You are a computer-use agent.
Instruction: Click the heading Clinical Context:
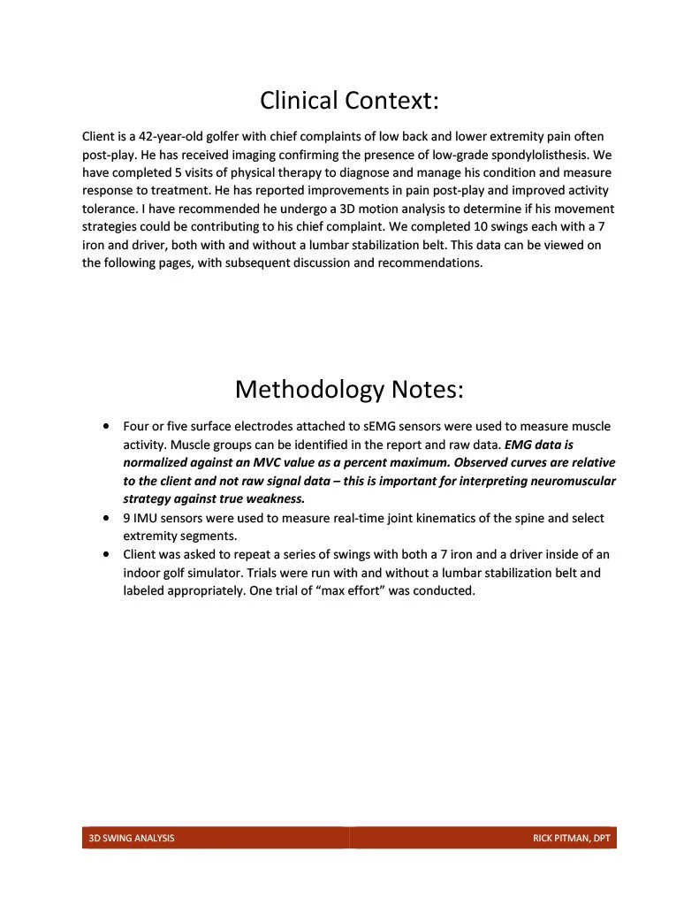[349, 101]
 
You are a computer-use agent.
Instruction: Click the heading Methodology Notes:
[349, 389]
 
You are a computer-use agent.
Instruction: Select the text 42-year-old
[173, 137]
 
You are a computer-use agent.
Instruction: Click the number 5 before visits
[180, 173]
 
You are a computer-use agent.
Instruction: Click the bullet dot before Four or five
[107, 426]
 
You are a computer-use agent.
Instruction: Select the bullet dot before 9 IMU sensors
[107, 518]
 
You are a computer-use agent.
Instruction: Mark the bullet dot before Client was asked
[107, 555]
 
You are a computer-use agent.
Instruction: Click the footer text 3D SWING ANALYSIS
[132, 838]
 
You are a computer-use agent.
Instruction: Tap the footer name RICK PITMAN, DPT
[571, 838]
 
